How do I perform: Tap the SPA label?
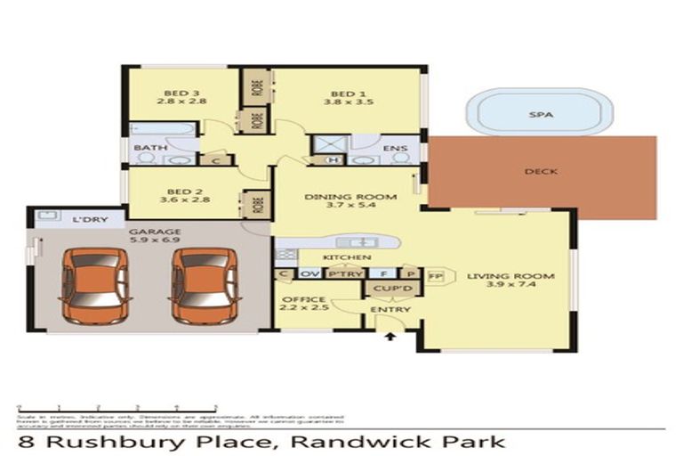pyautogui.click(x=539, y=115)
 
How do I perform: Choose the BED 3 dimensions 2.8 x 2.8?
pyautogui.click(x=182, y=102)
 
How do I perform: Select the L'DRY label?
pyautogui.click(x=84, y=218)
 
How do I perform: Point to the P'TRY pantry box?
pyautogui.click(x=345, y=274)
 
